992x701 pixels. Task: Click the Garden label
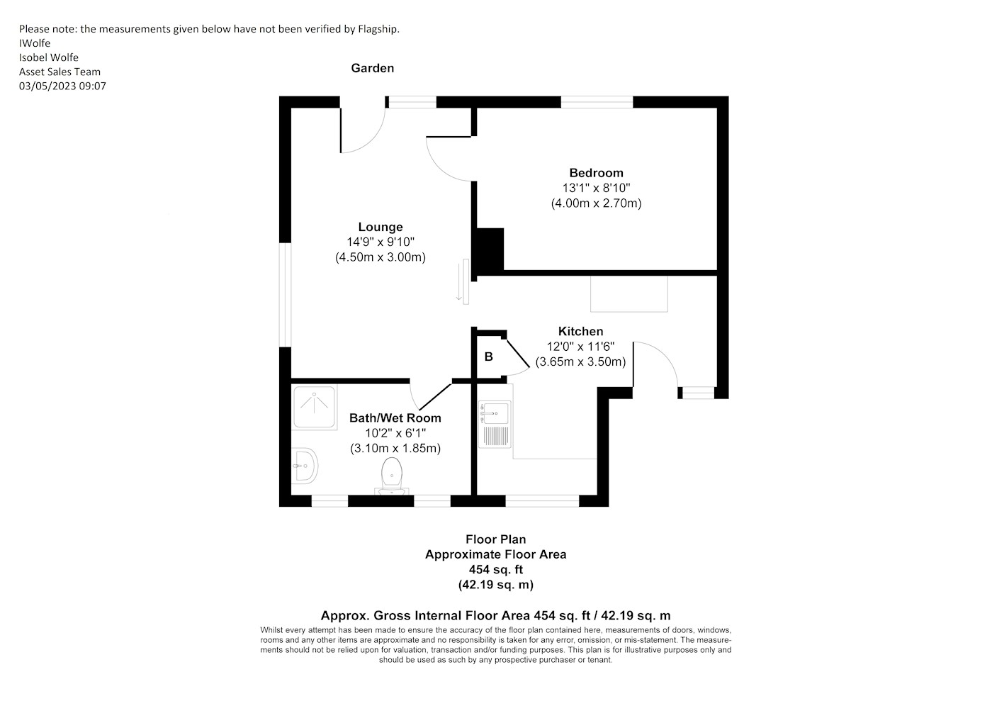click(x=373, y=68)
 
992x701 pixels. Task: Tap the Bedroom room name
click(x=596, y=173)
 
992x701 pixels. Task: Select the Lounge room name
click(x=381, y=227)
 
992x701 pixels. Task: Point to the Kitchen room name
click(x=580, y=332)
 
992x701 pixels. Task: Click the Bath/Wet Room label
click(x=395, y=418)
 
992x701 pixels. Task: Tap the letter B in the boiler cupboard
click(x=488, y=357)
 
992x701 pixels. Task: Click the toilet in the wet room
click(x=391, y=476)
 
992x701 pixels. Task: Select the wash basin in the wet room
click(x=305, y=466)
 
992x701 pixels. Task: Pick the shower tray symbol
click(x=314, y=408)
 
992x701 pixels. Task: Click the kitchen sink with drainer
click(x=495, y=424)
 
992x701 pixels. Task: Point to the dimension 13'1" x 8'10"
click(x=596, y=188)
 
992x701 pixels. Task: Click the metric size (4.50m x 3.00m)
click(x=381, y=257)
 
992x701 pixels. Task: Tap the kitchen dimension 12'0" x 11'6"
click(x=580, y=347)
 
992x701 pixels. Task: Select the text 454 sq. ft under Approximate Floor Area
click(x=496, y=569)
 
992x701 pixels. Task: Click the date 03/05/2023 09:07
click(x=62, y=86)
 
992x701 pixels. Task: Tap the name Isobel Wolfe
click(x=49, y=57)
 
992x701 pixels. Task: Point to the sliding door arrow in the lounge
click(x=459, y=282)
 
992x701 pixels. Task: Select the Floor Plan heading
click(x=496, y=539)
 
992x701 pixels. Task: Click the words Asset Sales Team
click(x=60, y=72)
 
